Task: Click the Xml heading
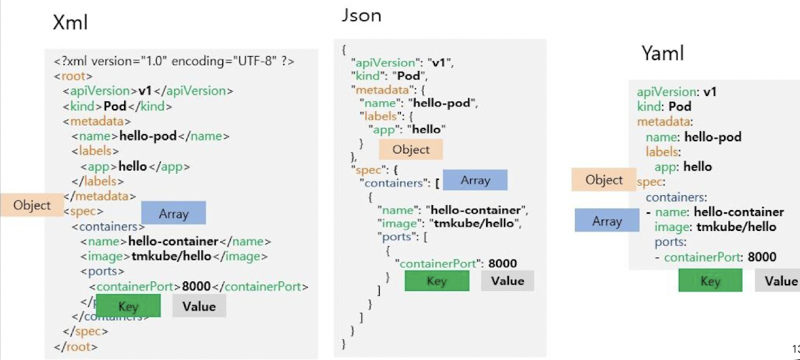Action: pyautogui.click(x=70, y=23)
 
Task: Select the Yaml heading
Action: pyautogui.click(x=662, y=53)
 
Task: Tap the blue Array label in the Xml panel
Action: pyautogui.click(x=173, y=213)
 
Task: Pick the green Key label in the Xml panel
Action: pyautogui.click(x=128, y=307)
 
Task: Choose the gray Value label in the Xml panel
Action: pyautogui.click(x=199, y=306)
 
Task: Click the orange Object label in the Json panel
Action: pyautogui.click(x=411, y=149)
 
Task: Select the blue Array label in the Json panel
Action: pyautogui.click(x=475, y=180)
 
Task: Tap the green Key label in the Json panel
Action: pyautogui.click(x=437, y=281)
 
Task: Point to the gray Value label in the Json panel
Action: pyautogui.click(x=508, y=280)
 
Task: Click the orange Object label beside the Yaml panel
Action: pyautogui.click(x=604, y=180)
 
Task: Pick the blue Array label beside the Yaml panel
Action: pyautogui.click(x=607, y=221)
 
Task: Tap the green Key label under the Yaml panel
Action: pyautogui.click(x=710, y=281)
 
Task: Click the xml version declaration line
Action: pyautogui.click(x=173, y=61)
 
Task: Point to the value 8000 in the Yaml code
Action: pyautogui.click(x=762, y=257)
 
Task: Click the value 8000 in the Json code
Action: pyautogui.click(x=503, y=263)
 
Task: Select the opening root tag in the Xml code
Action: pyautogui.click(x=73, y=76)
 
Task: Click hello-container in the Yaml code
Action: pyautogui.click(x=739, y=212)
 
